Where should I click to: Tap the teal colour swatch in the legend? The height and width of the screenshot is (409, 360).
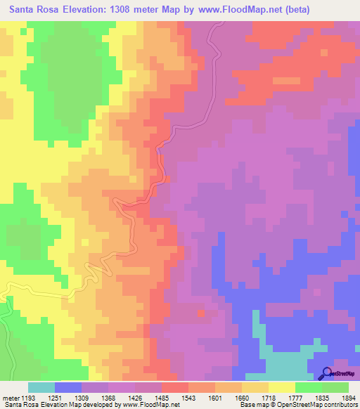click(41, 387)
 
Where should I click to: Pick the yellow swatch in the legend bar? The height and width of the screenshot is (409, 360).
click(282, 387)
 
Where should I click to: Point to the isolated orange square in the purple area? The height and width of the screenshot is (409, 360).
click(202, 314)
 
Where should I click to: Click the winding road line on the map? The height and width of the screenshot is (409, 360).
click(163, 169)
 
